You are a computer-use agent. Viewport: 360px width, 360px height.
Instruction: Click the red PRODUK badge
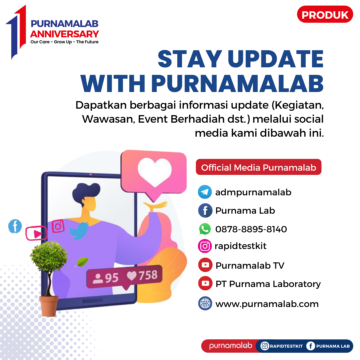325,14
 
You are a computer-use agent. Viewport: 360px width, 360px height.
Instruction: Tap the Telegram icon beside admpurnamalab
205,192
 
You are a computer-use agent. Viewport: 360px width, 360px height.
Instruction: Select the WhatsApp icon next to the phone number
205,229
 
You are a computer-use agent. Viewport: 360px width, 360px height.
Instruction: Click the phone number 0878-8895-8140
251,229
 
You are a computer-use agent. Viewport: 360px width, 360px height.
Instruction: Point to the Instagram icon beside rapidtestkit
205,246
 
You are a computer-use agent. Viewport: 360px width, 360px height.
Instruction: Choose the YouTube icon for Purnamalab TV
205,265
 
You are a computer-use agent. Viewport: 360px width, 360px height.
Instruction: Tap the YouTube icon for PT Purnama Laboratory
205,283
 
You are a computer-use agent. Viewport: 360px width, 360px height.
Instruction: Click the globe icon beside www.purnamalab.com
205,303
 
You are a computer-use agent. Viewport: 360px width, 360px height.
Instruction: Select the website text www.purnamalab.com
267,304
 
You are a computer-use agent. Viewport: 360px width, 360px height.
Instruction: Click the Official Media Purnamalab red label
259,167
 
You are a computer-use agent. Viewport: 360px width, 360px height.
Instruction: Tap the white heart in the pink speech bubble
155,171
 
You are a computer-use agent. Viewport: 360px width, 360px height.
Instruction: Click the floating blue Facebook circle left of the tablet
15,226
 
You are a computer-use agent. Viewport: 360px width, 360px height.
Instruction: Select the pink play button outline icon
36,233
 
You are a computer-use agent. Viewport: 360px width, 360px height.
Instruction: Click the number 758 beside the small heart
148,275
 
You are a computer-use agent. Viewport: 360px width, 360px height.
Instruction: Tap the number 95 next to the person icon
112,278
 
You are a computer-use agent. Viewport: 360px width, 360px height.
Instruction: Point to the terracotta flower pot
49,306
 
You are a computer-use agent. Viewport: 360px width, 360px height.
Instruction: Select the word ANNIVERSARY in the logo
65,34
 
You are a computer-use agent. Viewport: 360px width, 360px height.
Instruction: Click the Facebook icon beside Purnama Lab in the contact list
205,211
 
